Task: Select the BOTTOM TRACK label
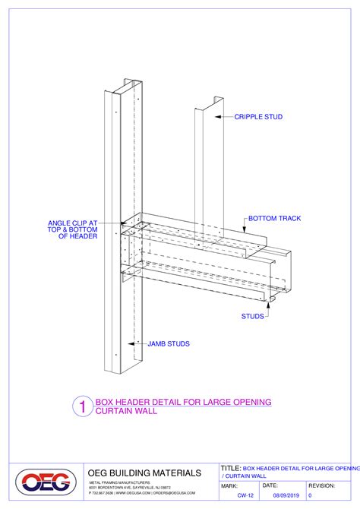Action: pyautogui.click(x=274, y=219)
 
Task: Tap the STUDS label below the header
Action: pyautogui.click(x=253, y=315)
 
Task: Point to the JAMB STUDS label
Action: pyautogui.click(x=169, y=343)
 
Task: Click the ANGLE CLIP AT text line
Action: pyautogui.click(x=71, y=223)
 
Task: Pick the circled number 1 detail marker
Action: pyautogui.click(x=81, y=406)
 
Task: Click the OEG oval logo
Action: pyautogui.click(x=46, y=482)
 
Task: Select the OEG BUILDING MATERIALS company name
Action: pyautogui.click(x=144, y=473)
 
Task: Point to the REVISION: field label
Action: pyautogui.click(x=322, y=485)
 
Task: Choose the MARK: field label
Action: pyautogui.click(x=230, y=485)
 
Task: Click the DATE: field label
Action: pyautogui.click(x=270, y=485)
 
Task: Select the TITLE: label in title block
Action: pyautogui.click(x=230, y=468)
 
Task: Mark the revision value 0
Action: pyautogui.click(x=311, y=495)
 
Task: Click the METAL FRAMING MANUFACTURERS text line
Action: pyautogui.click(x=120, y=482)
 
